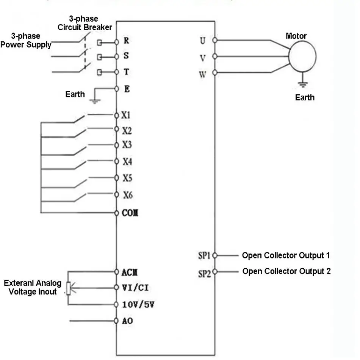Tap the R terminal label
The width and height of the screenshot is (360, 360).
(126, 41)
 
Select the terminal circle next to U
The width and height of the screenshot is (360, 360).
(215, 40)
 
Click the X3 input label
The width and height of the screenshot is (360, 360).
(127, 145)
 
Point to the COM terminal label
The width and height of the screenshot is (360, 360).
(130, 213)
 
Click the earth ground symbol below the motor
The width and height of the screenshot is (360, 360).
(303, 85)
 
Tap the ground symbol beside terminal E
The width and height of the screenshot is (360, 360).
(95, 101)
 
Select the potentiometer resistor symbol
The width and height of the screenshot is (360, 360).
(69, 288)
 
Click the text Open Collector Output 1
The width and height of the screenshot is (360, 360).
(286, 255)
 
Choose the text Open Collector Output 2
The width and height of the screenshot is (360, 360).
(286, 271)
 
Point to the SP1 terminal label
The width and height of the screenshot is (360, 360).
(204, 255)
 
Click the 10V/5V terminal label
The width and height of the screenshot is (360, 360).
(138, 305)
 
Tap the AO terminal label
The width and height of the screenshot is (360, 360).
(127, 321)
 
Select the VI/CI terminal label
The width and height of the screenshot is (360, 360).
(135, 288)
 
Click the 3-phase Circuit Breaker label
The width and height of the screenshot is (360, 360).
(85, 23)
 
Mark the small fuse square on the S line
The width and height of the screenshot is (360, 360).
(99, 57)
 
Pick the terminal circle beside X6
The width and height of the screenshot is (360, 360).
(117, 195)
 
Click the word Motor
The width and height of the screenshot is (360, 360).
(296, 36)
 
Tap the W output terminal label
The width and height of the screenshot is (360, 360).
(202, 74)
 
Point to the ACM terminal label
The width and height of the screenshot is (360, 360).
(130, 272)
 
